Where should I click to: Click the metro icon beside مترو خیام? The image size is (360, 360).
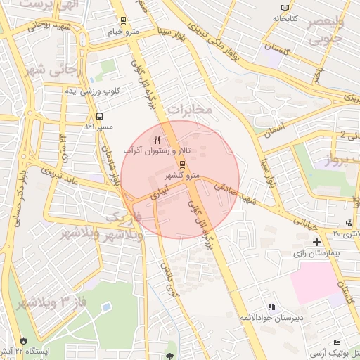point(124,20)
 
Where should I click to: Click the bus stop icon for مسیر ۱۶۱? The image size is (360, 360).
point(99,116)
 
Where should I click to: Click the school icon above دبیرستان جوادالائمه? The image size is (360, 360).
point(271,307)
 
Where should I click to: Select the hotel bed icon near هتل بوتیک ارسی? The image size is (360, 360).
point(337,341)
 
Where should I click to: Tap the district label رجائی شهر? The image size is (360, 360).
point(39,70)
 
